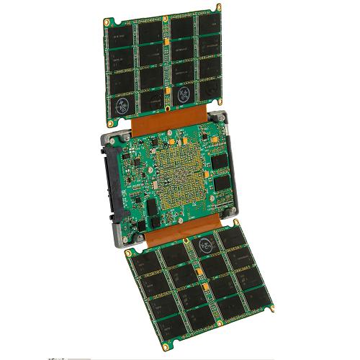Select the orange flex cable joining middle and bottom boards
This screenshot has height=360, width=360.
173,234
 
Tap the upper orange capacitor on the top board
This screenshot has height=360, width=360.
166,45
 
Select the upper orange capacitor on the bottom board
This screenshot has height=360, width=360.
194,268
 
